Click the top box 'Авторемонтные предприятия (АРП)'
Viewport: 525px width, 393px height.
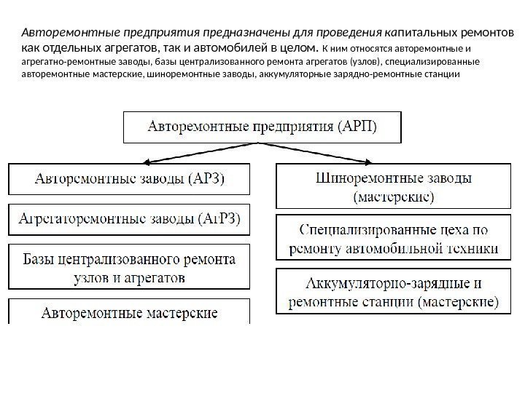263,126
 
